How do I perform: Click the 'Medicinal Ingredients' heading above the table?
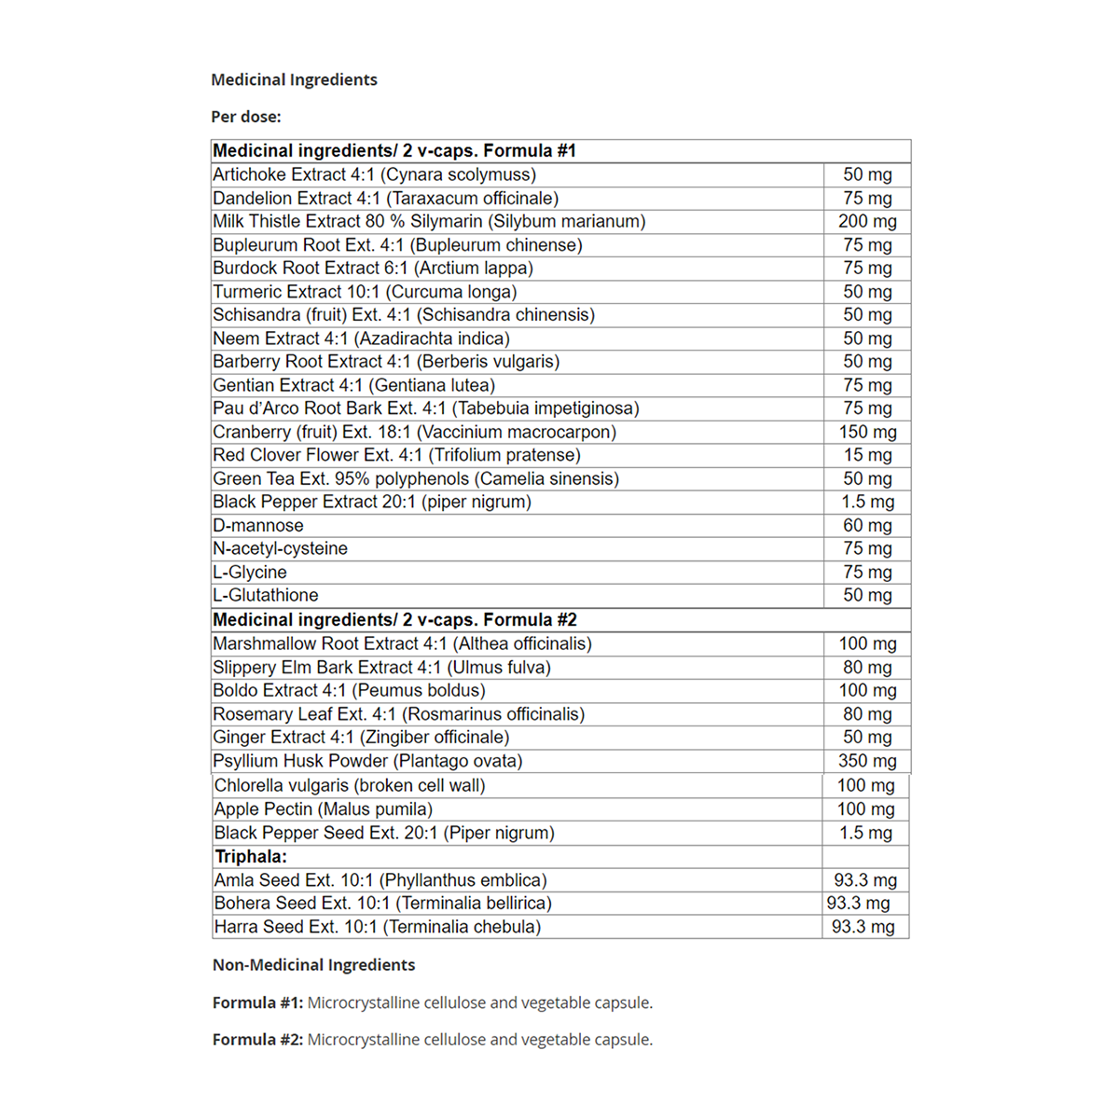(294, 80)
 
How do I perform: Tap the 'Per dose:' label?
(245, 117)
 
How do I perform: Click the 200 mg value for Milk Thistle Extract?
(867, 222)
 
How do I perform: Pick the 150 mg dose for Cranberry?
(867, 433)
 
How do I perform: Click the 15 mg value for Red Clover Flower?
(867, 456)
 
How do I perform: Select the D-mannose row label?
(258, 526)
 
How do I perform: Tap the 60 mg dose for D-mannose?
(867, 526)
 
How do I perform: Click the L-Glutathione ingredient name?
(266, 596)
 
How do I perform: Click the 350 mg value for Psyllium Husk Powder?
(867, 761)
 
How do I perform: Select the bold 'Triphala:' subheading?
(251, 857)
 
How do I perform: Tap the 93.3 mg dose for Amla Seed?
(865, 880)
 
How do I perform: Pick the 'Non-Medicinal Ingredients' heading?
(313, 965)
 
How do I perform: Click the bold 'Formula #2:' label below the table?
(257, 1040)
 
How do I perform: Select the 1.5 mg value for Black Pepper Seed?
(865, 834)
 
